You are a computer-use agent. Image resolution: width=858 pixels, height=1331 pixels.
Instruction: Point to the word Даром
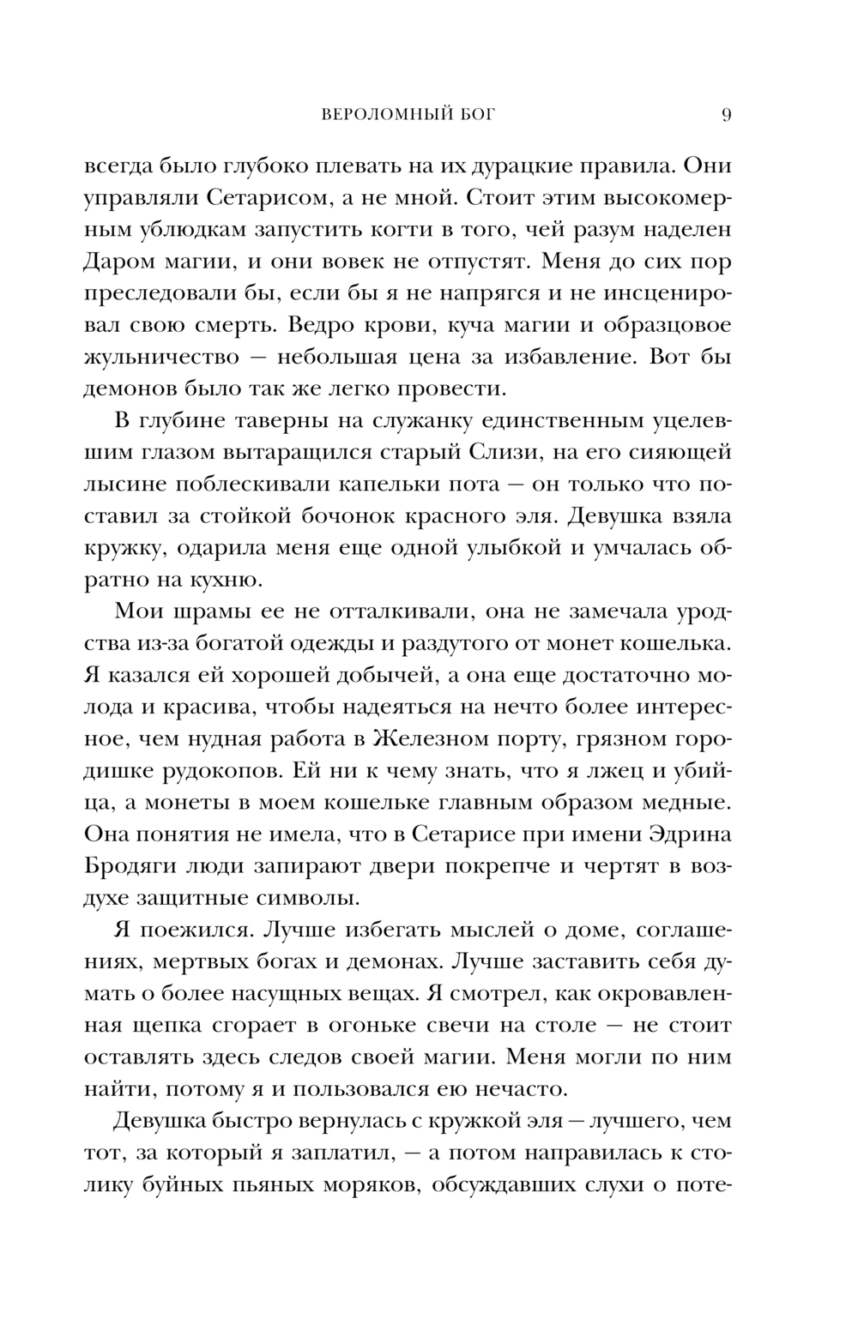(x=119, y=261)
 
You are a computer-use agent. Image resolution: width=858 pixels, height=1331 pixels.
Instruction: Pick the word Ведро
(x=324, y=325)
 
